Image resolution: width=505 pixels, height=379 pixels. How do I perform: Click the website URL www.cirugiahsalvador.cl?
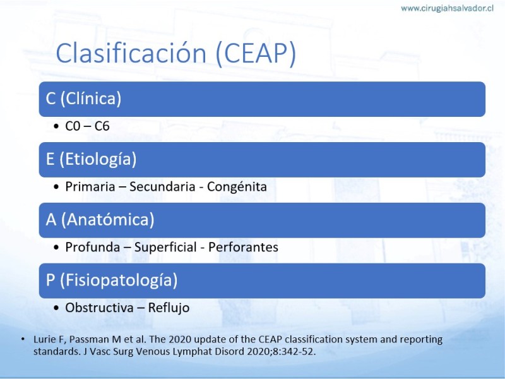click(x=447, y=8)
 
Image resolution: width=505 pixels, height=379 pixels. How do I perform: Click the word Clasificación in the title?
click(x=131, y=53)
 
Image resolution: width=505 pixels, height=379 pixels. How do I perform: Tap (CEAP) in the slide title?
click(x=256, y=54)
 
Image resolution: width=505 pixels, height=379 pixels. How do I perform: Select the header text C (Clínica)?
click(x=83, y=99)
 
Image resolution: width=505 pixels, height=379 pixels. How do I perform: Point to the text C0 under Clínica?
click(x=73, y=126)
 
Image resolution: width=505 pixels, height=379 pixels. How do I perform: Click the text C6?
click(x=102, y=126)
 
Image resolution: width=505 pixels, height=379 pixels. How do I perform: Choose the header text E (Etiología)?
click(x=91, y=159)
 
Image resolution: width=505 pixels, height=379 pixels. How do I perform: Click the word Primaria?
click(x=90, y=186)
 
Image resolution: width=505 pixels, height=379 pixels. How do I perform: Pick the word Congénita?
click(x=237, y=187)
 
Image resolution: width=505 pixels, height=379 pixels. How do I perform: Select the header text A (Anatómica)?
click(x=100, y=220)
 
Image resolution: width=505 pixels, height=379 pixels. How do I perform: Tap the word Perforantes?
click(x=243, y=247)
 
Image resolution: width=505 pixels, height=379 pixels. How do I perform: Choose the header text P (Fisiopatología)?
click(x=112, y=280)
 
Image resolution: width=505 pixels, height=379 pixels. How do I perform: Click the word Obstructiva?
click(x=99, y=308)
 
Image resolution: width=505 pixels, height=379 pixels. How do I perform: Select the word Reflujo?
click(x=169, y=308)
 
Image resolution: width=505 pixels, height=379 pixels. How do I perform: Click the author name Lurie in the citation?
click(x=45, y=339)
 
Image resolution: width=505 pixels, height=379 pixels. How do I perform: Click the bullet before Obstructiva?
click(x=57, y=308)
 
